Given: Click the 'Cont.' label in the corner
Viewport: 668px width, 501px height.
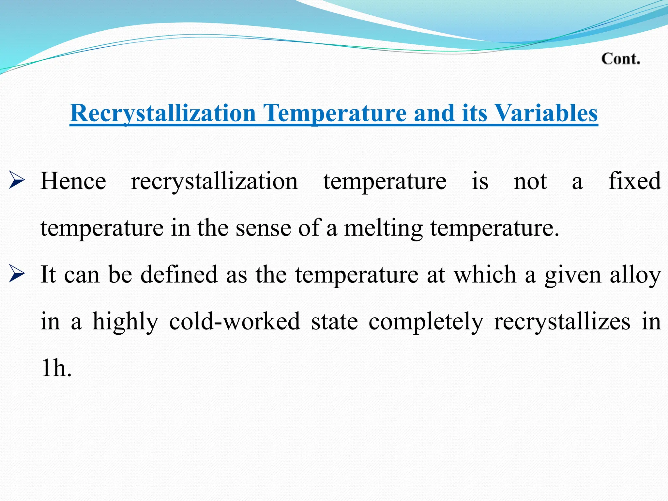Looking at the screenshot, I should (x=621, y=59).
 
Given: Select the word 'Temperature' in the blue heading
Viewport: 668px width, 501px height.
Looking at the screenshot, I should (x=335, y=114).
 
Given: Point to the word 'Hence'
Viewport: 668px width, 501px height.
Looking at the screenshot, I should (x=73, y=181).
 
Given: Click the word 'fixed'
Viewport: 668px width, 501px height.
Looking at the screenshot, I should (x=634, y=181).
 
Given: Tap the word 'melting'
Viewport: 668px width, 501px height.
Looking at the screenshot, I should (x=384, y=228).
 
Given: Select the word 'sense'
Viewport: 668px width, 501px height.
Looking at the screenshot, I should (x=263, y=228).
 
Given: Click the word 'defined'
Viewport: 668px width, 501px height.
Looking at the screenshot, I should (x=179, y=275).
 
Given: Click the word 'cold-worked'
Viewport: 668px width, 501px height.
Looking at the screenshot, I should (x=235, y=322).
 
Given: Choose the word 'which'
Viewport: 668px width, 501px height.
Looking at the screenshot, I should (x=485, y=275).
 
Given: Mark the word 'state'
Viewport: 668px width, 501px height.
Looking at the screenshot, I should (x=335, y=322).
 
